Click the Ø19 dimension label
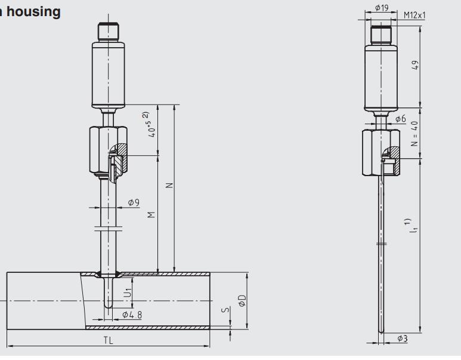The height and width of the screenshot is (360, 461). click(x=382, y=8)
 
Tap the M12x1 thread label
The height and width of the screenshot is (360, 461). click(x=414, y=15)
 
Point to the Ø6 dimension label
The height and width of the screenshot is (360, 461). click(x=400, y=119)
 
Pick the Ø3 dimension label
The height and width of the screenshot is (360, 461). click(x=402, y=339)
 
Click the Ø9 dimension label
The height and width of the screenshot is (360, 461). click(x=133, y=203)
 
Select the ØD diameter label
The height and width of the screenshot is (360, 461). click(x=242, y=300)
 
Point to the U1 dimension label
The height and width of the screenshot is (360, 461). click(x=127, y=293)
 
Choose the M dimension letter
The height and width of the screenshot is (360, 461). click(x=151, y=214)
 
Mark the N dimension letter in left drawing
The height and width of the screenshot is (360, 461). click(x=169, y=185)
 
